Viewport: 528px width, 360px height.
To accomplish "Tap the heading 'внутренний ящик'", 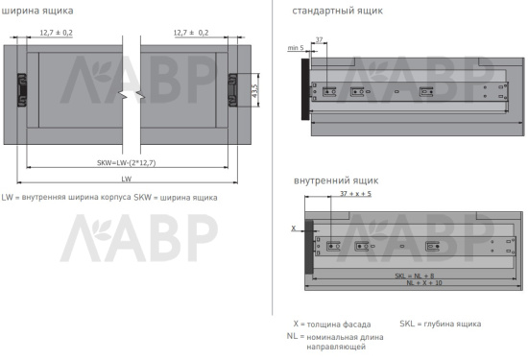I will click(x=336, y=180).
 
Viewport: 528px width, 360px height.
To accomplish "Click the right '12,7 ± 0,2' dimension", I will click(x=191, y=33).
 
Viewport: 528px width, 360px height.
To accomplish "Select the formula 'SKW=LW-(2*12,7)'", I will click(x=125, y=162).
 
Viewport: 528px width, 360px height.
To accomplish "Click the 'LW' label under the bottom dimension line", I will click(x=126, y=180).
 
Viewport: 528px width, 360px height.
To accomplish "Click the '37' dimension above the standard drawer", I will click(x=319, y=40).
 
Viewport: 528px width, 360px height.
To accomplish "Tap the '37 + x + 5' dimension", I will click(x=355, y=194).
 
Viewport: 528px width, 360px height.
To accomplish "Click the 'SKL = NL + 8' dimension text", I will click(x=414, y=276).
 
